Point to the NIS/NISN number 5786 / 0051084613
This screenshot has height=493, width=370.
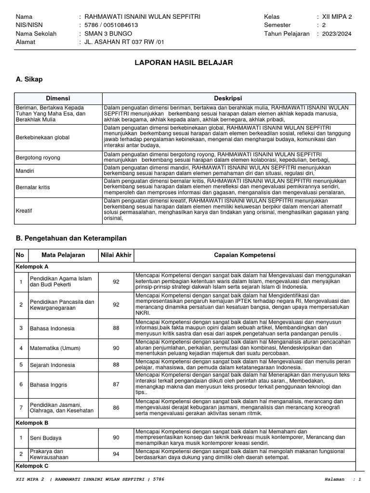click(111, 25)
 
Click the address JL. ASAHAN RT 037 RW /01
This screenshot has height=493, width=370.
click(124, 42)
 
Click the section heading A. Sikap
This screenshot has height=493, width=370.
click(29, 78)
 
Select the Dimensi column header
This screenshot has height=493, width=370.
click(58, 98)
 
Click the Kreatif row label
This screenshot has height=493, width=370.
click(24, 211)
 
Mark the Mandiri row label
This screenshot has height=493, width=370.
click(26, 170)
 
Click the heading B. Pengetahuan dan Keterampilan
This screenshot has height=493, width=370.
click(71, 238)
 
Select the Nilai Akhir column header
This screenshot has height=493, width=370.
click(116, 255)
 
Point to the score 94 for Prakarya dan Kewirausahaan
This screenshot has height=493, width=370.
click(116, 454)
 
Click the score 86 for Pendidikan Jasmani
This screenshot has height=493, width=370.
click(116, 407)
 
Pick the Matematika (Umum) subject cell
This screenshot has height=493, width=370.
click(55, 348)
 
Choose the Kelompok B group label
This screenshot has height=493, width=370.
click(32, 422)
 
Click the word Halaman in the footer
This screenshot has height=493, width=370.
click(335, 480)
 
